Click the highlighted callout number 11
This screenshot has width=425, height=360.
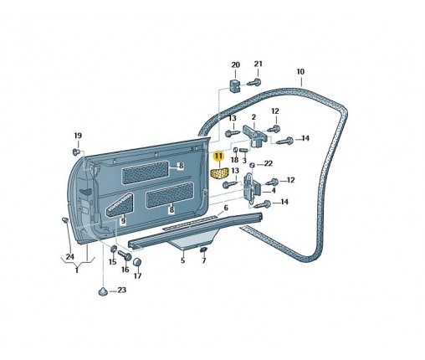[x=218, y=157]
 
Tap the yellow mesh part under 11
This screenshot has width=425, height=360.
[x=219, y=173]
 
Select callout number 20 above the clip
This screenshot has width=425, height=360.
[x=236, y=64]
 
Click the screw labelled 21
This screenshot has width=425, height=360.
[x=255, y=82]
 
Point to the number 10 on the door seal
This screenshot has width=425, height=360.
[x=300, y=71]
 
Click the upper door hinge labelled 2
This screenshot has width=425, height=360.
[x=255, y=136]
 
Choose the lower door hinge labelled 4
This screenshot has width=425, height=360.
[x=252, y=188]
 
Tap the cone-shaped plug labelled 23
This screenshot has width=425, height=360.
[x=104, y=291]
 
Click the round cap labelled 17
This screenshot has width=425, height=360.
[x=137, y=262]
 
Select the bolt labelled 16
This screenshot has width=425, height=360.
[x=125, y=255]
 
